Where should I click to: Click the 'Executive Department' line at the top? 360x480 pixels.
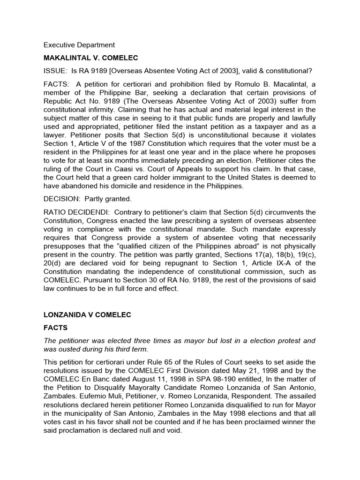[x=79, y=45]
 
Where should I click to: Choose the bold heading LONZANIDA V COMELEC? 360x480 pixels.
[x=87, y=315]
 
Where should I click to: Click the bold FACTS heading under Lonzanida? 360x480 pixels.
[x=56, y=328]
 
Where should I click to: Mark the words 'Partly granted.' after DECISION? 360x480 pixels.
[x=108, y=199]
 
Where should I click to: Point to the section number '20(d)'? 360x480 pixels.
[x=53, y=262]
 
